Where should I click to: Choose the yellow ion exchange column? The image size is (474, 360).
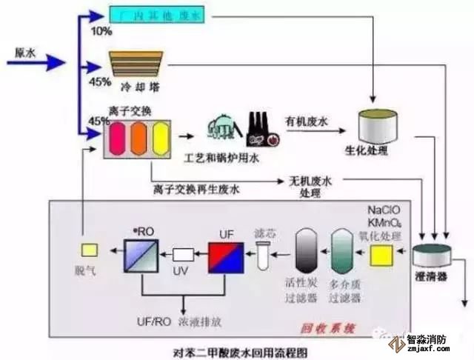161,139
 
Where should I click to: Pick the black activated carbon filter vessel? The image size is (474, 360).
306,253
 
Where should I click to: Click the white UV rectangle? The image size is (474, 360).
182,254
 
